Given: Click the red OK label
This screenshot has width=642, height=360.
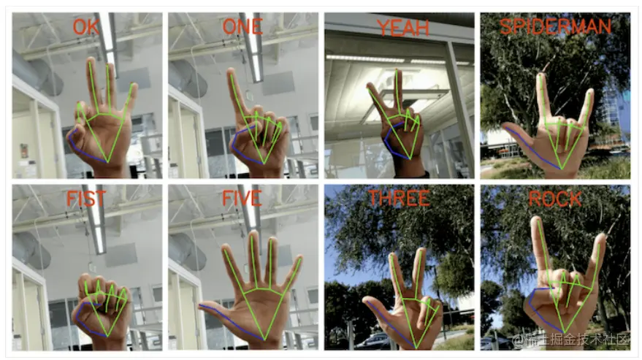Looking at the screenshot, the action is click(86, 27).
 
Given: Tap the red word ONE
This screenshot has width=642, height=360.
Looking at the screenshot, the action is click(242, 27).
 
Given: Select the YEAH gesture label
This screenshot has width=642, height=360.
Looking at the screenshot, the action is click(403, 28).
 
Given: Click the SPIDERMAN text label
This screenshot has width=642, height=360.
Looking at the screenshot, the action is click(555, 26).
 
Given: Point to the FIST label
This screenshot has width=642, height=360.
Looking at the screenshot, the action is click(86, 199).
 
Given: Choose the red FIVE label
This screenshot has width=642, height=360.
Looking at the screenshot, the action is click(242, 199).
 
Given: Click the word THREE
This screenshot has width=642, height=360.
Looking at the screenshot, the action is click(400, 199).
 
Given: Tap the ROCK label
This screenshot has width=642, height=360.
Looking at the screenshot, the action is click(555, 199).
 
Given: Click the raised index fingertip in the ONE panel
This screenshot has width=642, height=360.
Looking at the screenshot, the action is click(231, 72).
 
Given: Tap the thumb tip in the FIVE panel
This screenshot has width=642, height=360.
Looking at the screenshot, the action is click(202, 306).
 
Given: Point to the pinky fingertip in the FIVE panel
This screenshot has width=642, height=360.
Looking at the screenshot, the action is click(299, 258).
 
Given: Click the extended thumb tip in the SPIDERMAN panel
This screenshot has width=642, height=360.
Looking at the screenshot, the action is click(506, 126).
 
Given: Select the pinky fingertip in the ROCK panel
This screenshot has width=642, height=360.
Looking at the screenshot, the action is click(601, 237).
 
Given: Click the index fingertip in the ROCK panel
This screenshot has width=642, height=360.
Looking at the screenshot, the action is click(535, 221).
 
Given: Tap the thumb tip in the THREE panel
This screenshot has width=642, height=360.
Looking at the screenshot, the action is click(367, 301).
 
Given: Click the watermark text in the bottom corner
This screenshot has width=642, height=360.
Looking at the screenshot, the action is click(570, 340).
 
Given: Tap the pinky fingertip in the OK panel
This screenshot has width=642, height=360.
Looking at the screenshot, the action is click(133, 86).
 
